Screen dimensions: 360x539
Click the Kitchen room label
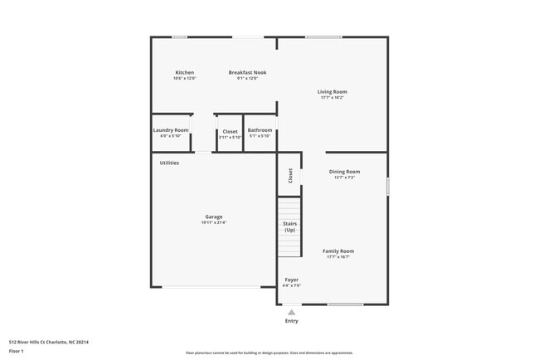(x=184, y=72)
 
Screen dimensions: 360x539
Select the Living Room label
(x=332, y=91)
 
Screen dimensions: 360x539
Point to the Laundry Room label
(x=171, y=130)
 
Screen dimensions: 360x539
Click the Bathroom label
(x=260, y=130)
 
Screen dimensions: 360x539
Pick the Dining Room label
(x=345, y=172)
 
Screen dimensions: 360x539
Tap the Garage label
(x=213, y=217)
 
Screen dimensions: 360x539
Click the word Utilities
(x=169, y=163)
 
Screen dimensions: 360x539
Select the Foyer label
(x=292, y=280)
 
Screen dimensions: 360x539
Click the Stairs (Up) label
(x=289, y=226)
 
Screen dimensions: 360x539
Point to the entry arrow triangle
(x=291, y=312)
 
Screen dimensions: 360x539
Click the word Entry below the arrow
(x=291, y=321)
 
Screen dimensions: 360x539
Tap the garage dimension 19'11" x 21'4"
(x=213, y=222)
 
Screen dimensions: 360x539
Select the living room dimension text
(x=332, y=97)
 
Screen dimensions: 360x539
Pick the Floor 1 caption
(x=17, y=351)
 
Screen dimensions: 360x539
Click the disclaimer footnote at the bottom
(x=269, y=353)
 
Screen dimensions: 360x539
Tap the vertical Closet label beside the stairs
(x=290, y=175)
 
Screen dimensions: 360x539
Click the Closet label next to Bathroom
(x=230, y=131)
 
